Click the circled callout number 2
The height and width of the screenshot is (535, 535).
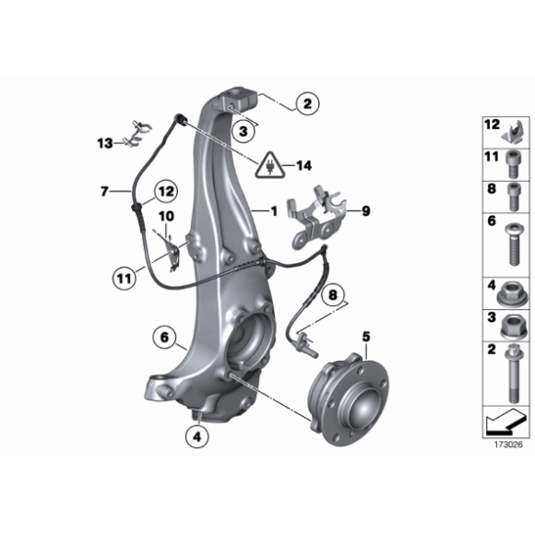point(308,103)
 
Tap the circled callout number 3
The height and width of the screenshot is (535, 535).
point(244,131)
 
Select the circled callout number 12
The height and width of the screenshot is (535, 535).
point(167,192)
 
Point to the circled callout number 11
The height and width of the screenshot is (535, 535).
point(125,279)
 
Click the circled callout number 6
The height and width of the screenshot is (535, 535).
point(164,338)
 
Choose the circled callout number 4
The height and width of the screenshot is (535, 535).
point(197,436)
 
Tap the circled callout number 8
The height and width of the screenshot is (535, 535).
point(333,295)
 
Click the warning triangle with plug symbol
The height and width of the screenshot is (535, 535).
point(270,165)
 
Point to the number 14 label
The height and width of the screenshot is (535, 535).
point(304,166)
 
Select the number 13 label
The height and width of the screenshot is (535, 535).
point(105,143)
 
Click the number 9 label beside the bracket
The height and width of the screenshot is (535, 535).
point(366,211)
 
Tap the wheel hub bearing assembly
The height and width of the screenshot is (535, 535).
point(349,400)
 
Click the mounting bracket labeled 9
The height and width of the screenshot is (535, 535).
point(317,219)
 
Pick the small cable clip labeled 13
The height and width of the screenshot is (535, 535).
point(140,134)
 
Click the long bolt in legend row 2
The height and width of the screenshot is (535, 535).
point(514,374)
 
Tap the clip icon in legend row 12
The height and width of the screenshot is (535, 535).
point(513,131)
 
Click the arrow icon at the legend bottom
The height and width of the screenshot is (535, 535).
point(505,422)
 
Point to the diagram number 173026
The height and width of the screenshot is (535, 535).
point(508,445)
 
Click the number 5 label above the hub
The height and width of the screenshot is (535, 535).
point(366,337)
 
